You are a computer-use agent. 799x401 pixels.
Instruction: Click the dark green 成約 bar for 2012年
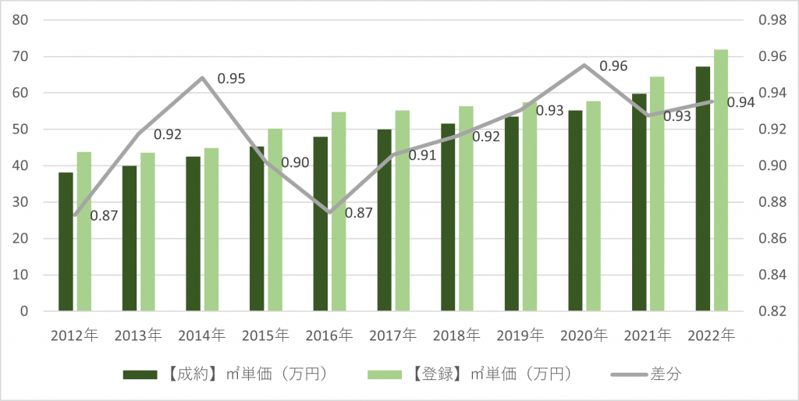point(66,242)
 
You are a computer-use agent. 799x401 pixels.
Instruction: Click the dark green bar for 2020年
point(575,211)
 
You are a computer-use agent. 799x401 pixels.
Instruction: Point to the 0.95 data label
point(231,79)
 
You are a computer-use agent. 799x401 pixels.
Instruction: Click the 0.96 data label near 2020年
point(614,67)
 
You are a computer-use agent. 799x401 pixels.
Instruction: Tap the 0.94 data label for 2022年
point(740,102)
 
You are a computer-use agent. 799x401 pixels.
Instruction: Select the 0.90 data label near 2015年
point(296,162)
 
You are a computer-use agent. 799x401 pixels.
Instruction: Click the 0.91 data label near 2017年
point(422,155)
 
